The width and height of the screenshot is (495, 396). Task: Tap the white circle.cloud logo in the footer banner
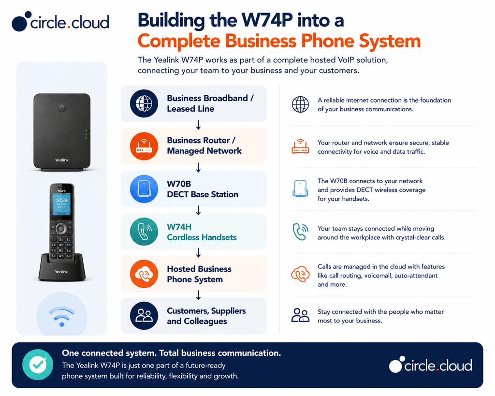point(431,365)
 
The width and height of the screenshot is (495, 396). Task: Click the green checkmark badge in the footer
point(38,365)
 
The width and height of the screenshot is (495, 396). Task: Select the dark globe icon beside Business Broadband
point(144,103)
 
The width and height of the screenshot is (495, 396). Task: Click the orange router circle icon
point(144,146)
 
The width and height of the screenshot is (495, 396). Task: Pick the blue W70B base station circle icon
point(144,189)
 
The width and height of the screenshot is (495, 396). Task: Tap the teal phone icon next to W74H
point(144,232)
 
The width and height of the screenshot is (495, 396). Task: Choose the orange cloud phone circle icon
point(144,274)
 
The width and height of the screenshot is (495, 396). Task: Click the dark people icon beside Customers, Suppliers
point(144,316)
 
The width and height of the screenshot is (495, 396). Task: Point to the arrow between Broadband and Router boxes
point(198,125)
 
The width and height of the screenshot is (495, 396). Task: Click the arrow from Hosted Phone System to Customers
point(198,295)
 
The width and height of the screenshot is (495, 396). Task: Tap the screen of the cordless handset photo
point(61,204)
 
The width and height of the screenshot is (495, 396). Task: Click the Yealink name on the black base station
point(62,160)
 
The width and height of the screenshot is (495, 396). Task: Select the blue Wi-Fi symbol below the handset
point(61,316)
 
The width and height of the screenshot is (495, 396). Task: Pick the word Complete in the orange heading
point(179,41)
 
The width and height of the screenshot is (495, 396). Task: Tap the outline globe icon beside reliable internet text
point(300,104)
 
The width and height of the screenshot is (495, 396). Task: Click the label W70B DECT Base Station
point(203,189)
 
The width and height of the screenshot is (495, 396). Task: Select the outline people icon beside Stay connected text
point(300,315)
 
